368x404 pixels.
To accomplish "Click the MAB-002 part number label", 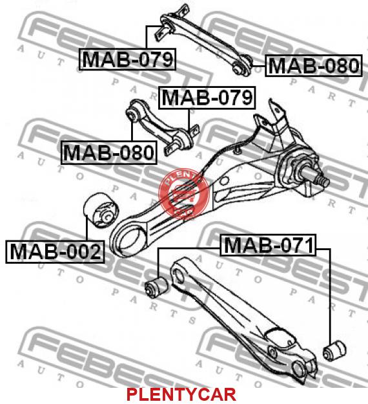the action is pos(55,251).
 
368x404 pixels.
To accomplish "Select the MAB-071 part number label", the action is pos(268,245).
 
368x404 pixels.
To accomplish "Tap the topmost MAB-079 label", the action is pos(127,59).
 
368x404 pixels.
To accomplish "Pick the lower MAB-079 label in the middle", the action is pos(207,98).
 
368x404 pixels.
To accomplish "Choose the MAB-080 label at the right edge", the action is pos(314,65).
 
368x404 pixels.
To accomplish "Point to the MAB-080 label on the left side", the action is pos(109,153).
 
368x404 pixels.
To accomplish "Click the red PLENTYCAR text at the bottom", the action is pos(181,395).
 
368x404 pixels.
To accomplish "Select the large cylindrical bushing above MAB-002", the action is pos(101,210).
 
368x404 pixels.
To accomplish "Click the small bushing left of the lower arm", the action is pos(156,287).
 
